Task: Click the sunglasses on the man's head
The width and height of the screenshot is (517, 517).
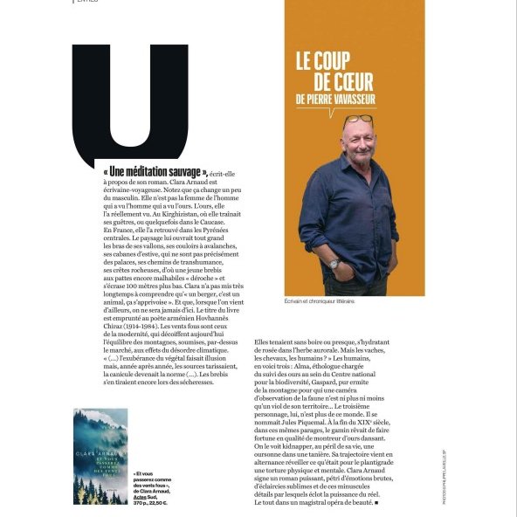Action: (358, 119)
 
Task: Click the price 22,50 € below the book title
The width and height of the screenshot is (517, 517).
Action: (157, 503)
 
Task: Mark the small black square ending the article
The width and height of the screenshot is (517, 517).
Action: (375, 502)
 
